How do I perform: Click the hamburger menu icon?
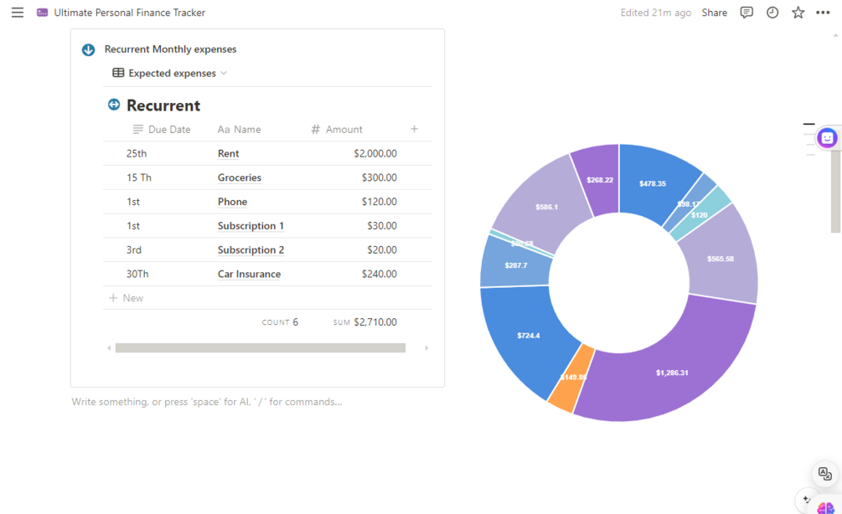(x=18, y=13)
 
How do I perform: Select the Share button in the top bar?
(x=714, y=13)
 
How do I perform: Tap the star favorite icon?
(x=798, y=13)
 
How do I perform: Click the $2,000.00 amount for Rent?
(x=375, y=154)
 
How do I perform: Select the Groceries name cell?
(x=240, y=178)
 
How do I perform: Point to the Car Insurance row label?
(x=249, y=275)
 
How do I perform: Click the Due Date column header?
(x=168, y=130)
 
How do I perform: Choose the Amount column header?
(x=344, y=130)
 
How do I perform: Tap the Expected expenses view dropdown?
(x=171, y=74)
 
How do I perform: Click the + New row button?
(x=127, y=298)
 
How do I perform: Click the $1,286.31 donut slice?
(x=672, y=372)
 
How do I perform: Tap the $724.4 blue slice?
(x=528, y=336)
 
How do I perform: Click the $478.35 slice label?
(x=652, y=183)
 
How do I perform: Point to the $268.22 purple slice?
(x=599, y=179)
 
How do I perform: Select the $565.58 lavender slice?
(x=720, y=259)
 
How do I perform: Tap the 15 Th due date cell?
(x=139, y=178)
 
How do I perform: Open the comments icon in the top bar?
(x=746, y=13)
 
